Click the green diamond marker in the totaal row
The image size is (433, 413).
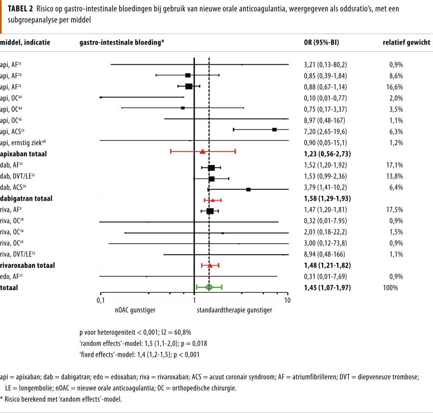209,287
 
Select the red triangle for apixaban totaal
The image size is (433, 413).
203,151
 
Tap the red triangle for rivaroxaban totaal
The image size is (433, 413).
210,265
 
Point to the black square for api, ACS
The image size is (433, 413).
274,129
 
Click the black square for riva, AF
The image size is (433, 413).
210,211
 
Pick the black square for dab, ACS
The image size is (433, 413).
249,189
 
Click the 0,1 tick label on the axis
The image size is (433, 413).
100,300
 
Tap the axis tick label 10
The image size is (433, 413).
287,300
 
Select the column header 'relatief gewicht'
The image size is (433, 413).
406,43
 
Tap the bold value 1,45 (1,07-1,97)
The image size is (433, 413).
327,288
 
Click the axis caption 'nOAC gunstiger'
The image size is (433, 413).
135,310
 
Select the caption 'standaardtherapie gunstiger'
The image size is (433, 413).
234,310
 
